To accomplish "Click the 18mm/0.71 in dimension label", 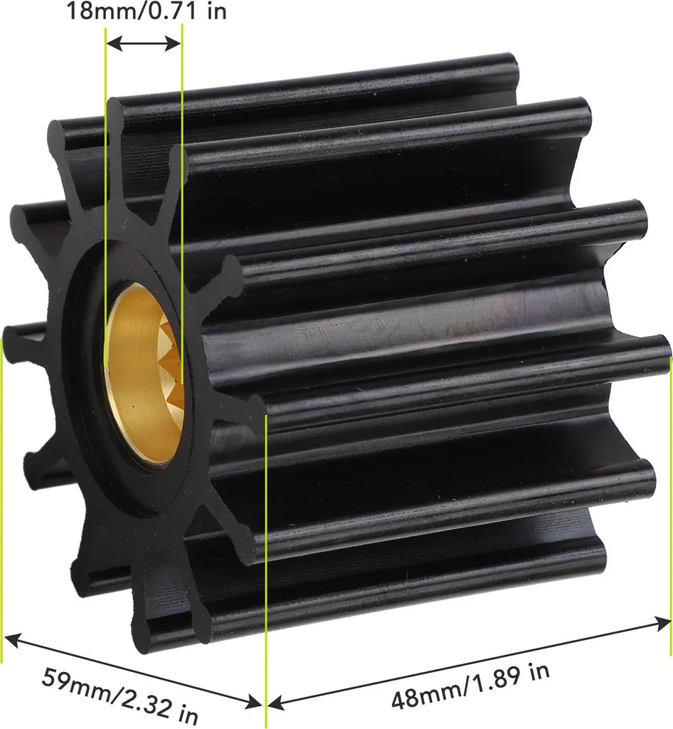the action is click(147, 11).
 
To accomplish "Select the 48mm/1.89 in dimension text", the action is click(470, 686).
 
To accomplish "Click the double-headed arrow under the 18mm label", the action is click(144, 44).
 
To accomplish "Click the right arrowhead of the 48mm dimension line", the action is click(662, 622).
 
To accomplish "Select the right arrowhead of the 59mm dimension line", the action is click(253, 702).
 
